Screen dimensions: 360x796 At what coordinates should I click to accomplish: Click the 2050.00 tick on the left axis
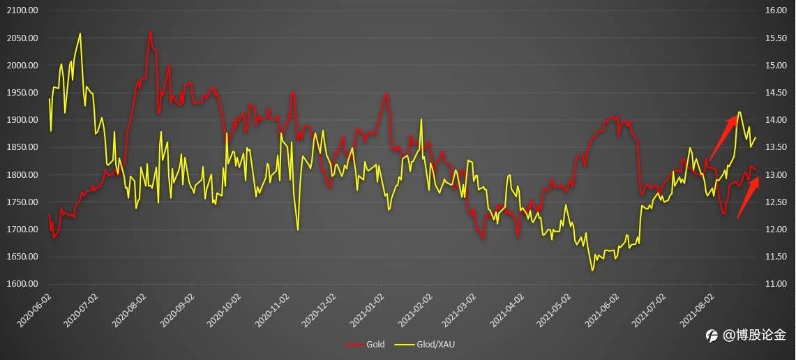(x=22, y=38)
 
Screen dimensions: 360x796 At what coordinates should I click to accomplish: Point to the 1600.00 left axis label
(x=22, y=284)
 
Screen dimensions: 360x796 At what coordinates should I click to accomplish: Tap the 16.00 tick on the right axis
(x=776, y=10)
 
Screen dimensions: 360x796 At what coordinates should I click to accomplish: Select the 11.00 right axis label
(x=776, y=284)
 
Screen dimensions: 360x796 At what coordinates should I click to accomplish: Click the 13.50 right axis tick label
(x=776, y=147)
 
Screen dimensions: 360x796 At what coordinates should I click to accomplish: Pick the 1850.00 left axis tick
(x=22, y=147)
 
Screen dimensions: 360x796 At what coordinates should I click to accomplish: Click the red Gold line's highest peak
(x=150, y=31)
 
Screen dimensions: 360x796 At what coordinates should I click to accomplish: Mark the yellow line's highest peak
(x=80, y=33)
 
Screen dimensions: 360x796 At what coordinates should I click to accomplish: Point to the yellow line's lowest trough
(x=593, y=271)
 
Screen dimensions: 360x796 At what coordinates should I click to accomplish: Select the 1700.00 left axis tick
(x=22, y=230)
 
